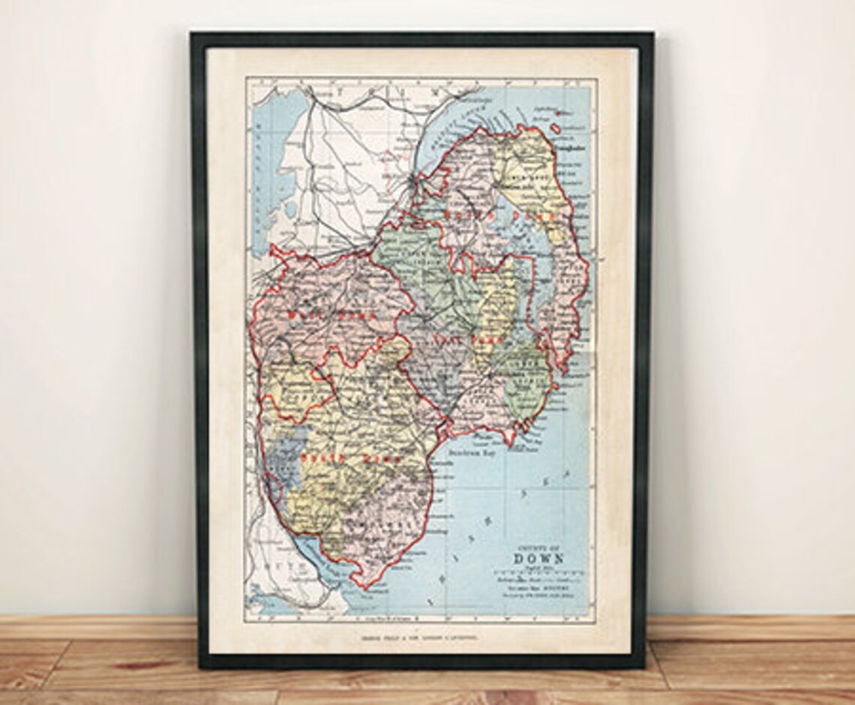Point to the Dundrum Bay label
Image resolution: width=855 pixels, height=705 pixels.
[x=473, y=454]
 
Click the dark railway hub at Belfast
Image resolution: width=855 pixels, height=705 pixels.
[x=411, y=182]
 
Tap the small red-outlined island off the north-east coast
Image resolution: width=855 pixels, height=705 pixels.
[x=559, y=114]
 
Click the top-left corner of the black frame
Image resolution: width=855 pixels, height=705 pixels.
[x=193, y=34]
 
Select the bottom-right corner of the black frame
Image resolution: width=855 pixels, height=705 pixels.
[x=644, y=666]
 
